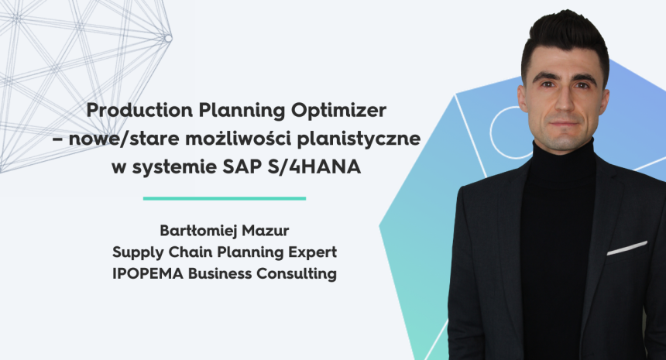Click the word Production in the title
point(139,111)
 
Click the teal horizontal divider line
point(225,198)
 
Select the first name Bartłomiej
point(198,231)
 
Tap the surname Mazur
point(266,231)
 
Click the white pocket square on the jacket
point(627,249)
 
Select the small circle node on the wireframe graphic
point(168,38)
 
